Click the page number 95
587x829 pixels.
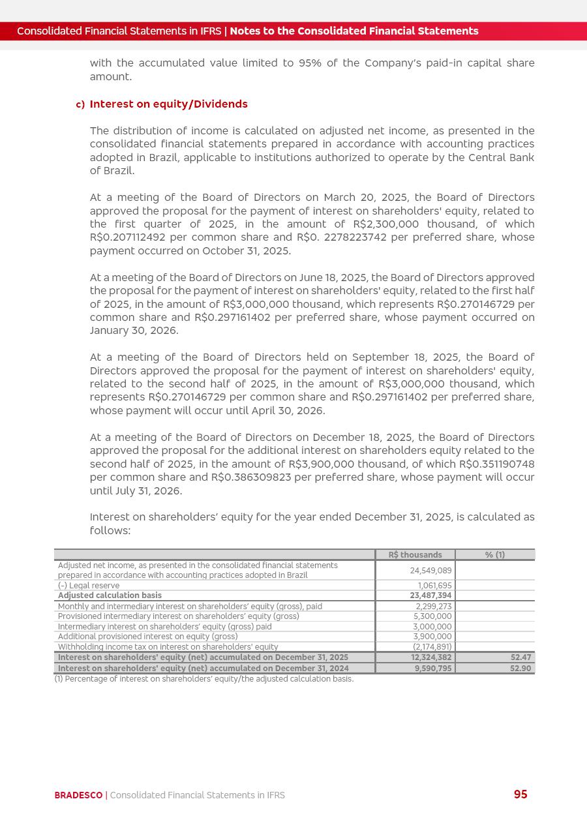coord(520,794)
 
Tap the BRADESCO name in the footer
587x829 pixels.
coord(78,795)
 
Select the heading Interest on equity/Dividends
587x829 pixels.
coord(168,104)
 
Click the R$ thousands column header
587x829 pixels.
coord(415,555)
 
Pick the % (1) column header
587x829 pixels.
coord(494,555)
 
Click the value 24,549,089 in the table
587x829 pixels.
coord(430,570)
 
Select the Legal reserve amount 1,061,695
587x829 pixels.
coord(434,586)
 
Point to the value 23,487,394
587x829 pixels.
coord(430,595)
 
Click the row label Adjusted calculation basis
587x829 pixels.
coord(110,595)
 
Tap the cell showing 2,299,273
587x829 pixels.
coord(434,607)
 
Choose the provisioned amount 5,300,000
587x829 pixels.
coord(432,616)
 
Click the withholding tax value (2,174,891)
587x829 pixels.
coord(432,647)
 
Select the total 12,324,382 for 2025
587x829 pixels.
coord(431,657)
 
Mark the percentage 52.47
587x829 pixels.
coord(520,657)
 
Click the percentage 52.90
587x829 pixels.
coord(520,669)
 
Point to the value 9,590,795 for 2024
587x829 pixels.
coord(433,669)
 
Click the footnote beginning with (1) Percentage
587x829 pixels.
coord(203,679)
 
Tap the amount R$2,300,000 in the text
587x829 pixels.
coord(381,224)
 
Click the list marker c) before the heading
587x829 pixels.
coord(80,105)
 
